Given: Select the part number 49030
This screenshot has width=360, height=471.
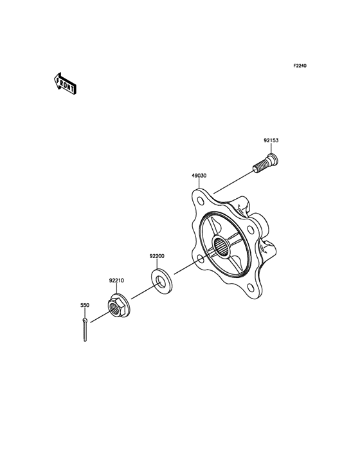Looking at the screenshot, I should (199, 174).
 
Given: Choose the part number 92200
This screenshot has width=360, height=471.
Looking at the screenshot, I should (158, 255).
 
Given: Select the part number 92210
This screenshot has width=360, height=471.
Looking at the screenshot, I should (116, 281).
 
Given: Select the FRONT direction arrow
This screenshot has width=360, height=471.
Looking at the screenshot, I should (66, 84).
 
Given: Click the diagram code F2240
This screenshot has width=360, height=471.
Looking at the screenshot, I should (300, 66).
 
